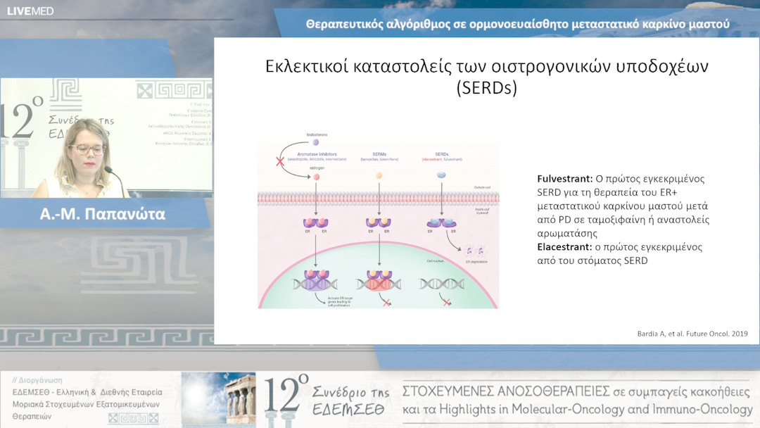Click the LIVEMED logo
pos(30,11)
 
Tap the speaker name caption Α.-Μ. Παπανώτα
pos(103,215)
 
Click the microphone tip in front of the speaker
pos(108,170)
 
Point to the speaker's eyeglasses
pos(87,149)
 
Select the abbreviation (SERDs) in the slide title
pos(486,89)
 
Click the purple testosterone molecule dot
pos(316,142)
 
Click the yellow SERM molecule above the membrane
pos(379,175)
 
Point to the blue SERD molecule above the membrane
pos(441,175)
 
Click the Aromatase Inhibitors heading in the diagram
pos(315,153)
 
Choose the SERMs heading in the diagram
pos(379,153)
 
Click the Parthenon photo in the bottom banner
pos(218,398)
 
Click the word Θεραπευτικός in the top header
pos(348,24)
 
